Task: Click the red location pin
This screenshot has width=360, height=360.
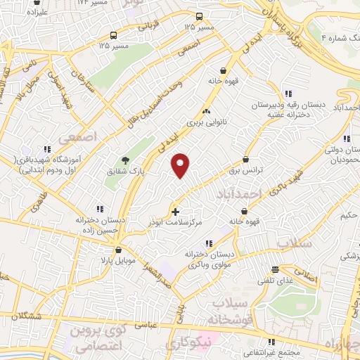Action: click(181, 165)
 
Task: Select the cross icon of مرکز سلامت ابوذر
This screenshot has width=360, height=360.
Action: click(175, 211)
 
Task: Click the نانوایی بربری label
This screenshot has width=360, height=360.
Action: click(204, 122)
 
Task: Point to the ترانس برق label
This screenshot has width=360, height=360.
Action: click(245, 170)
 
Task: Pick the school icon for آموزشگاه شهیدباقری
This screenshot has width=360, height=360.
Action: click(48, 149)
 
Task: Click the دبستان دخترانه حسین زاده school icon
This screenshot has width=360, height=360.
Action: click(100, 208)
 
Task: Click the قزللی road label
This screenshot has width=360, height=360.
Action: click(146, 27)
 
